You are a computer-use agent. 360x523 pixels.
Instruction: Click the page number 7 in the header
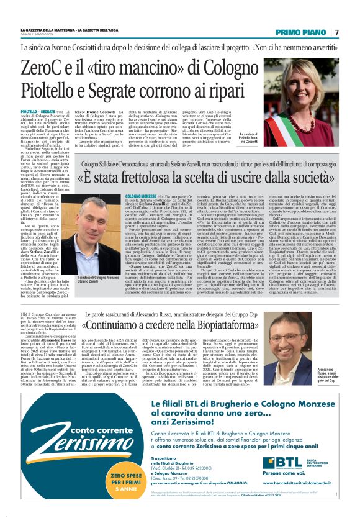[337, 32]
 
